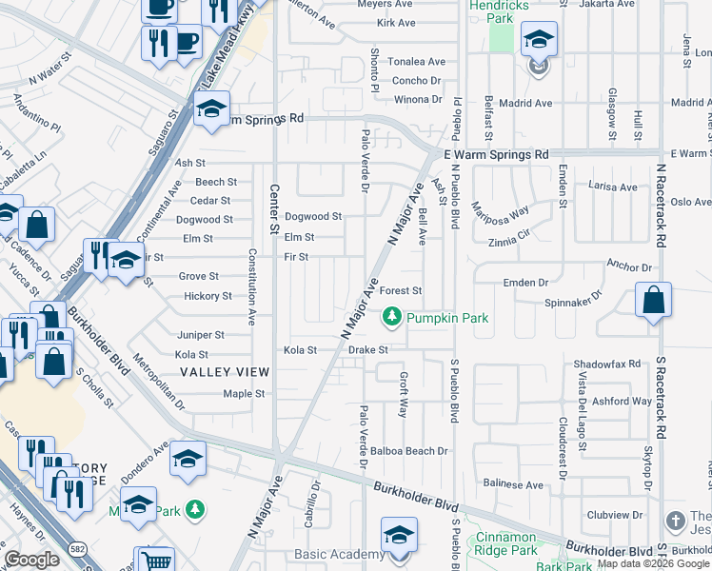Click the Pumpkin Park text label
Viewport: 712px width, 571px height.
coord(447,317)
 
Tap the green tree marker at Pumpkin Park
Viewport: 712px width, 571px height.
coord(390,317)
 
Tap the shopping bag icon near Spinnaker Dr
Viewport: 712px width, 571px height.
coord(654,301)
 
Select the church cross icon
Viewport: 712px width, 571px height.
coord(675,521)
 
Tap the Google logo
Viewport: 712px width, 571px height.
coord(32,560)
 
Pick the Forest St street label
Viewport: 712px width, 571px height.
coord(401,291)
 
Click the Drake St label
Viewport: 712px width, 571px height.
coord(367,350)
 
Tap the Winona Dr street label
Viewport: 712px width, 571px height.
coord(419,99)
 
